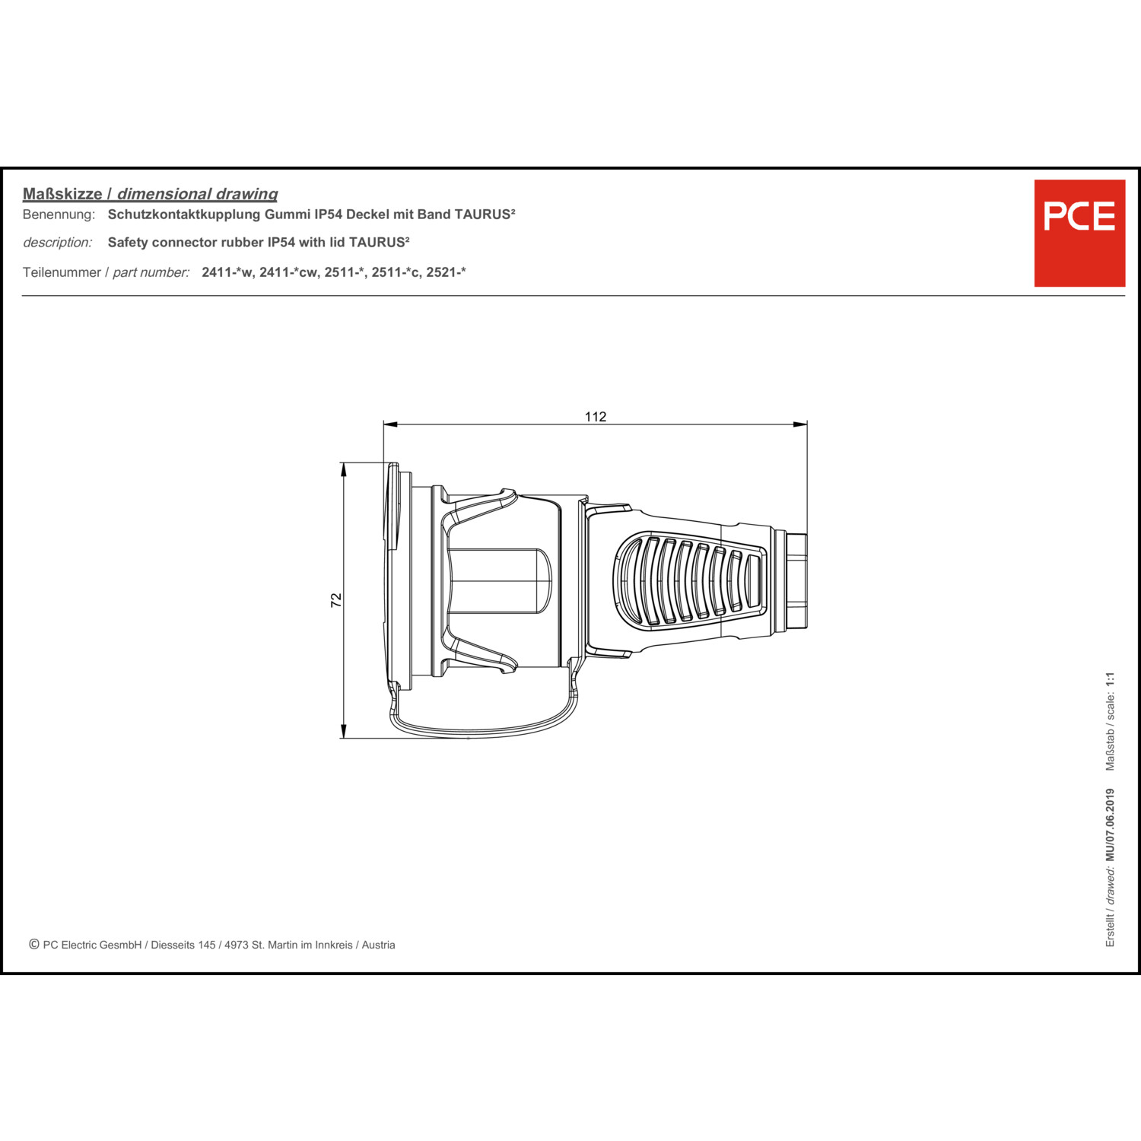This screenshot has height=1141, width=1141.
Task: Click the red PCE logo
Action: click(1079, 233)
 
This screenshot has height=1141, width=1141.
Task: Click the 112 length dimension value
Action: click(596, 416)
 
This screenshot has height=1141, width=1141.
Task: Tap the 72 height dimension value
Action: click(336, 600)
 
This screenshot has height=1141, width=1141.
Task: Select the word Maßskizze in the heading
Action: click(62, 194)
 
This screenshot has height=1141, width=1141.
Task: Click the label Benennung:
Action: click(59, 215)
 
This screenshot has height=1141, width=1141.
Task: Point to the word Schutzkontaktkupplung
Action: click(184, 215)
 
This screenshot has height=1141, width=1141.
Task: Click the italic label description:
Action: click(58, 243)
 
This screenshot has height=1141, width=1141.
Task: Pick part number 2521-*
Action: click(446, 272)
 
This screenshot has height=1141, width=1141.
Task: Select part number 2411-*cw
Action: click(288, 272)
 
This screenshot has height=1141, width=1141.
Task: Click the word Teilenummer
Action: click(62, 272)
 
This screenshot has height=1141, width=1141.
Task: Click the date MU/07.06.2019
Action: click(1111, 825)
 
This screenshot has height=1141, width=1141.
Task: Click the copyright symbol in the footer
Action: click(34, 944)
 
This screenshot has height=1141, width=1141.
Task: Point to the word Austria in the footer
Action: click(378, 945)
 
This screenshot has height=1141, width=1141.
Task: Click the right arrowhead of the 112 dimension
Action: click(800, 424)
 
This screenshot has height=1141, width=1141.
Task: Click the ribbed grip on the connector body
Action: click(690, 580)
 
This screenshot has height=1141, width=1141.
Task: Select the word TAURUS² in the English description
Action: click(379, 243)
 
